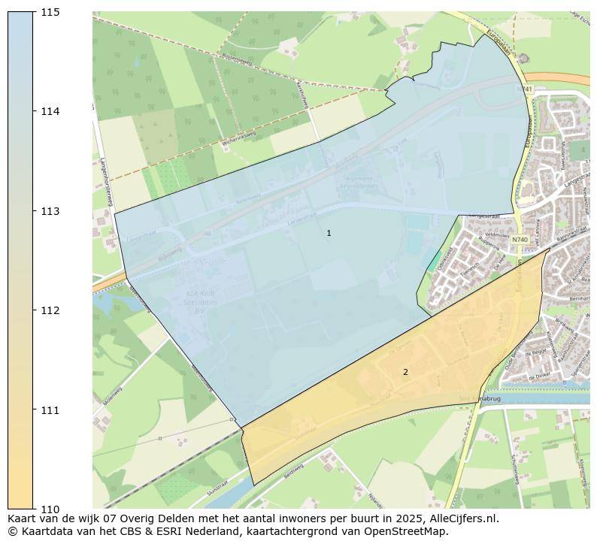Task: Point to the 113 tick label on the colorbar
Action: click(50, 211)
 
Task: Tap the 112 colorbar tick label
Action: click(50, 310)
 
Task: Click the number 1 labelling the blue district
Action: click(329, 234)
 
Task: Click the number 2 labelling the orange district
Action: click(405, 372)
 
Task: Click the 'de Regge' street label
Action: click(535, 352)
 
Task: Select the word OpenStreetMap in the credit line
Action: click(411, 531)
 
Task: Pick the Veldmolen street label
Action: click(477, 234)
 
